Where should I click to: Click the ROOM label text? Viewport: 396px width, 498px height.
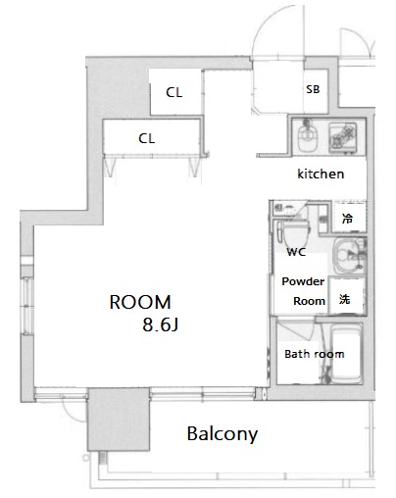point(140,302)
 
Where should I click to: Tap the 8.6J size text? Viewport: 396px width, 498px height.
point(160,324)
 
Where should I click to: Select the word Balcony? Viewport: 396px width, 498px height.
point(223,434)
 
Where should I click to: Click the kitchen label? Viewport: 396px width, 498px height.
point(321,174)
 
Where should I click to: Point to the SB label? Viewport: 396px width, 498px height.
point(313,89)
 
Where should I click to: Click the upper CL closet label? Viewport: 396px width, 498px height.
point(173,92)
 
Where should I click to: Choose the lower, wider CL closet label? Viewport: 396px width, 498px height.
point(146,138)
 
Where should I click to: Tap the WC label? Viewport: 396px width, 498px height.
point(296,252)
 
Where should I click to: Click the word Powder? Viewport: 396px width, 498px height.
point(303,281)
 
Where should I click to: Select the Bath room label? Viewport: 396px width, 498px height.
point(315,354)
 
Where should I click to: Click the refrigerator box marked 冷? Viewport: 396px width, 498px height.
point(349,218)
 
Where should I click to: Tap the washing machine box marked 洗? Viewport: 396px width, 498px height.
point(346,297)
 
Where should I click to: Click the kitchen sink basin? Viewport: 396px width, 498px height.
point(307,136)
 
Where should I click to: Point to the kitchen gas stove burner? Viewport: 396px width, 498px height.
point(342,137)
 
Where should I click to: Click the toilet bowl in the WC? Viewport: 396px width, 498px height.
point(295,234)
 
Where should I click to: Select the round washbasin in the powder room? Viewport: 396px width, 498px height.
point(347,256)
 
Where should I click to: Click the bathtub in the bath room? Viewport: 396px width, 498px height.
point(347,354)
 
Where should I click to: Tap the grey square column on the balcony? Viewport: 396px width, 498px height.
point(119,420)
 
